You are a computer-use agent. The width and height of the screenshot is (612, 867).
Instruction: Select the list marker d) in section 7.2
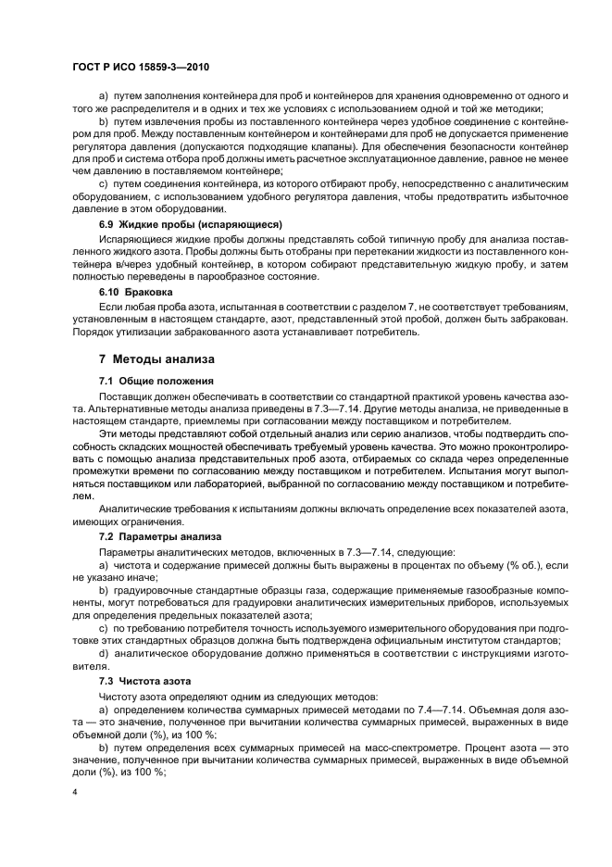tap(103, 653)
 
